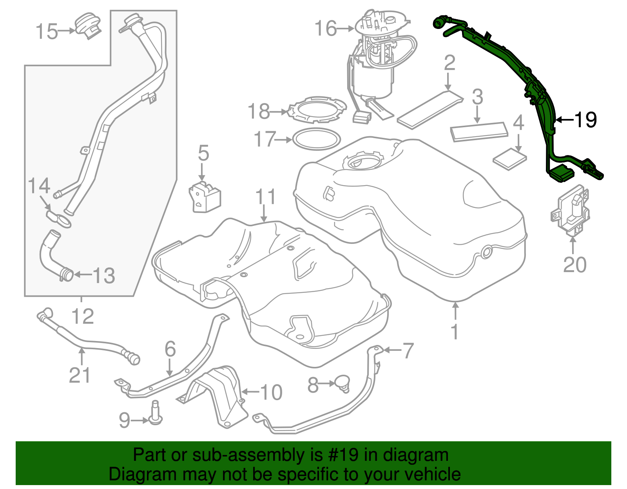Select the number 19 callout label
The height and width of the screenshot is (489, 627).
[585, 119]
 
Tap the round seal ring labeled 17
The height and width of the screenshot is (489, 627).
[317, 139]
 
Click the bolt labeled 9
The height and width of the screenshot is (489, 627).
[156, 414]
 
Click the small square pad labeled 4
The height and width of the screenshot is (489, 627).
[509, 159]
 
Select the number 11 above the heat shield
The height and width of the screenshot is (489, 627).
[266, 197]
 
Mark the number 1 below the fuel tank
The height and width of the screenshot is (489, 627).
[455, 332]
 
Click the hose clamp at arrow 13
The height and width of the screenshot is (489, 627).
[67, 274]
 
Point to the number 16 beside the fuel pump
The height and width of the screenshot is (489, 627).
[326, 29]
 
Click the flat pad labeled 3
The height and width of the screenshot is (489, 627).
[479, 132]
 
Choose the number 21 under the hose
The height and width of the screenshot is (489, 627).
[80, 375]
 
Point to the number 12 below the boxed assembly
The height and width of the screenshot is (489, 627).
[83, 316]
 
